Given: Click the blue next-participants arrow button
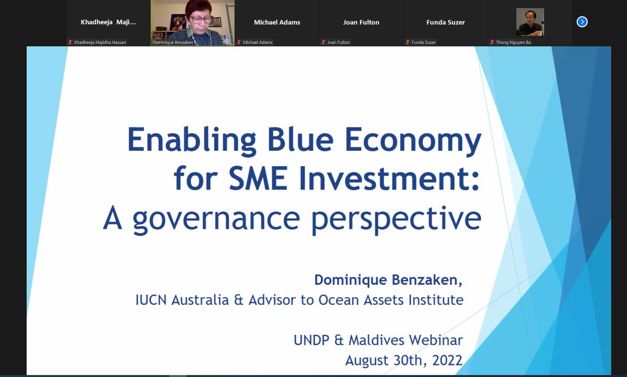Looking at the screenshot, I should coord(582,22).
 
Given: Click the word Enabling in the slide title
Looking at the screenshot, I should coord(192,140).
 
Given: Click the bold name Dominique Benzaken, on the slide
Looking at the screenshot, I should coord(388,280).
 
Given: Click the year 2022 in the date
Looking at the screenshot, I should coord(444,360).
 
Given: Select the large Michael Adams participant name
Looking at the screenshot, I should coord(277,22).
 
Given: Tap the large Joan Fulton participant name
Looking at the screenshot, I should coord(361,22).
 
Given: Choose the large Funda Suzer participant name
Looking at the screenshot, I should coord(445,22).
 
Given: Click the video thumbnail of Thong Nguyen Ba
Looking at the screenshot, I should coord(530,22).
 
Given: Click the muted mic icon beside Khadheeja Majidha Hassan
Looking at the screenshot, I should coord(70,42).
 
